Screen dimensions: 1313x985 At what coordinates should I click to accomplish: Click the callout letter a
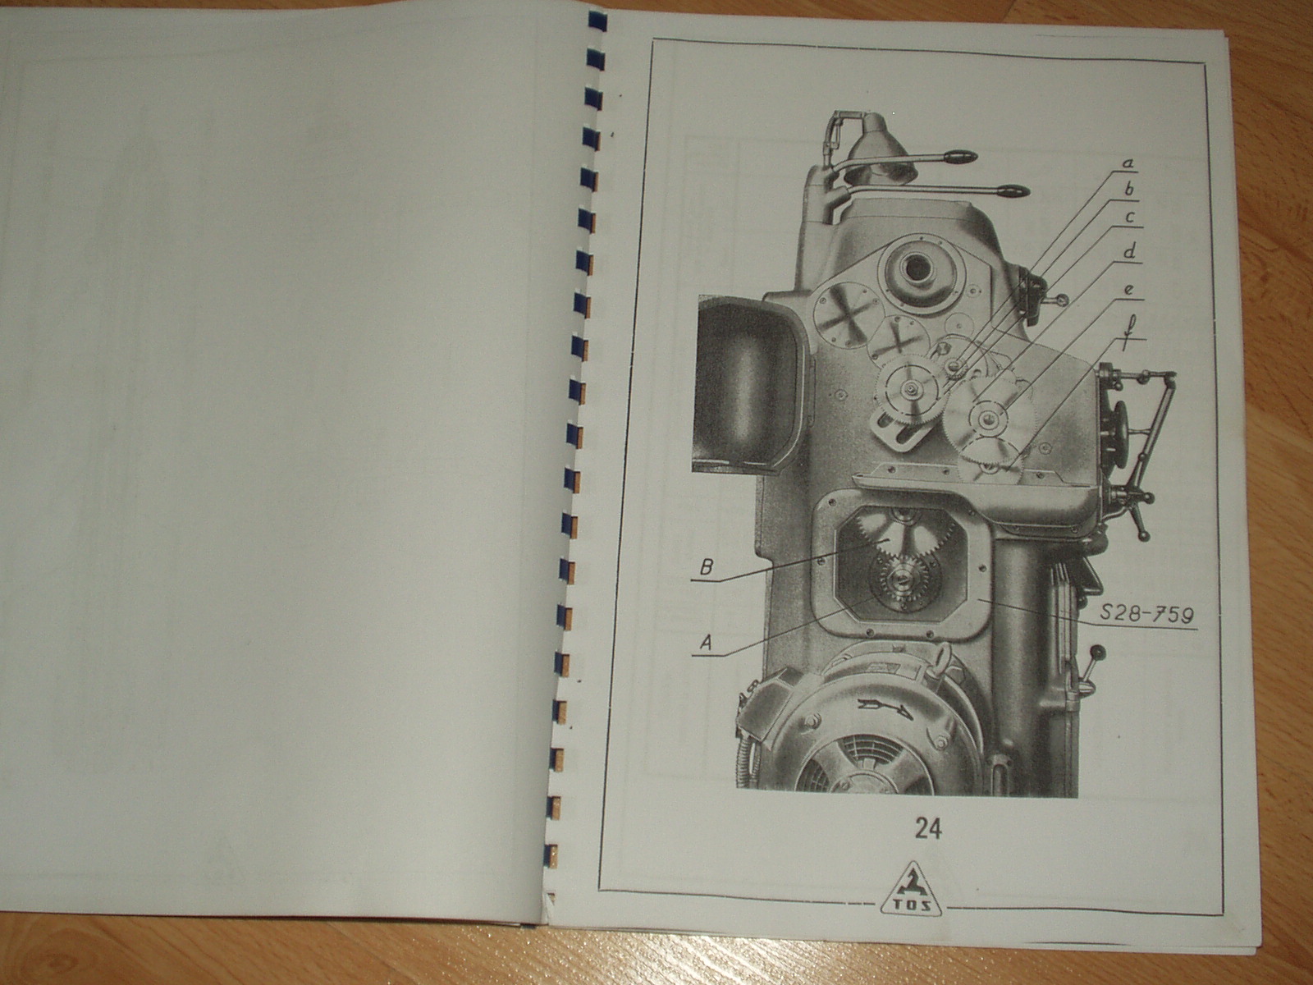coord(1128,163)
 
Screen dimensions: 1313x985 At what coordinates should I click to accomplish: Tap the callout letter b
coord(1128,190)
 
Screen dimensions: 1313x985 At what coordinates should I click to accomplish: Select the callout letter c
coord(1128,217)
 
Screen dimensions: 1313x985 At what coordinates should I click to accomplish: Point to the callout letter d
coord(1129,252)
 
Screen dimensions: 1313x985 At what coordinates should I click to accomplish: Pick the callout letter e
coord(1128,290)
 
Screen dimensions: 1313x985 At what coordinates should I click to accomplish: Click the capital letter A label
coord(707,643)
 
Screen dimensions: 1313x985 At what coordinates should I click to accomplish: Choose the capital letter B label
coord(707,567)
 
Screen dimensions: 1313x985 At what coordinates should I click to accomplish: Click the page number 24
coord(928,828)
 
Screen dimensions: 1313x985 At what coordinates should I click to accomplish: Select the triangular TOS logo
coord(911,889)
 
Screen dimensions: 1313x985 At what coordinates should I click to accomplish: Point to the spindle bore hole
coord(916,268)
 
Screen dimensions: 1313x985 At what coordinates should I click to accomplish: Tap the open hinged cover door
coord(746,384)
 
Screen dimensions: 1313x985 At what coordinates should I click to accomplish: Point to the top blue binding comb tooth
coord(597,22)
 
